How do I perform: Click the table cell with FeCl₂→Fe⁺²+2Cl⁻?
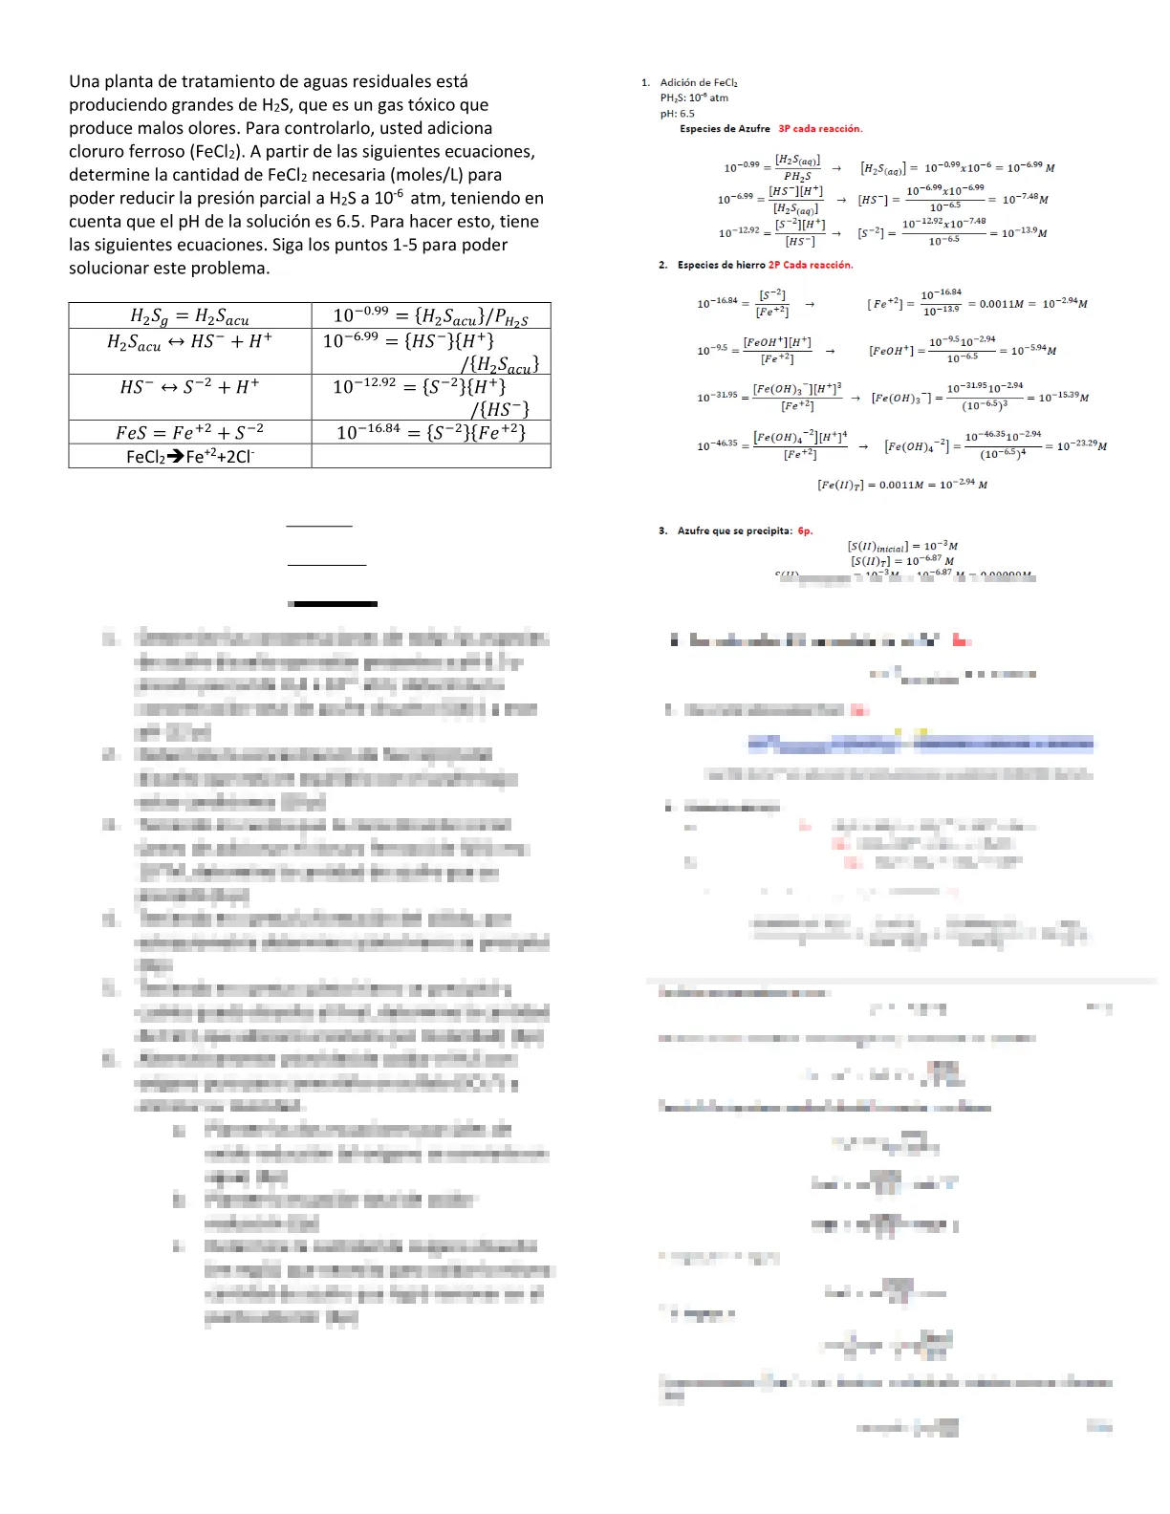190,457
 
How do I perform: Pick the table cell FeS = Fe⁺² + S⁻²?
190,432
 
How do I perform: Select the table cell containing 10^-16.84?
430,432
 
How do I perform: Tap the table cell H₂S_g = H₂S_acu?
190,315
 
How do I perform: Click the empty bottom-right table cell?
430,457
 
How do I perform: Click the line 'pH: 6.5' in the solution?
677,114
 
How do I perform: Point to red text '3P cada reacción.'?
820,129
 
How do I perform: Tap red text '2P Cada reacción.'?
811,266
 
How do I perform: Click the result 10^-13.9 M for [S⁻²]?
1024,233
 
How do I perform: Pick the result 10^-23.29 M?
1081,446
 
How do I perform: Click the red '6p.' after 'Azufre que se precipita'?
805,531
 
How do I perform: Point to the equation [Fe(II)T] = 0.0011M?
902,486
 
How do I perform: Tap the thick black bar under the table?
333,604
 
